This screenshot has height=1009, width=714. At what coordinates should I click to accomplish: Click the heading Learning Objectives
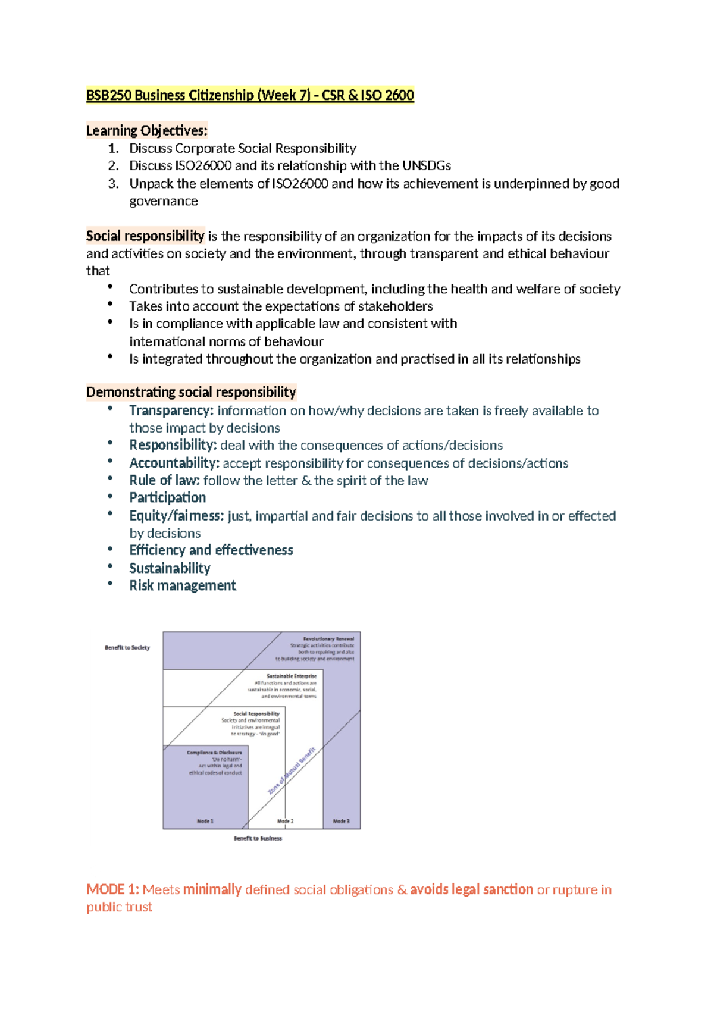[146, 130]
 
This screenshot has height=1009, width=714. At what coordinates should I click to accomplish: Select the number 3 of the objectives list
[113, 183]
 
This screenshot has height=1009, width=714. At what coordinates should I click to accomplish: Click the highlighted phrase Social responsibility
[145, 236]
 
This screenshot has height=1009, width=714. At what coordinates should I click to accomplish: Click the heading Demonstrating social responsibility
[191, 392]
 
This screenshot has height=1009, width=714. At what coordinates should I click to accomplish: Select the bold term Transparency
[171, 411]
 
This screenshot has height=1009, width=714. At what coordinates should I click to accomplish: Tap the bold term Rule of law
[164, 480]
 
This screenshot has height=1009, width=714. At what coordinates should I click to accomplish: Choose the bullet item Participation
[168, 497]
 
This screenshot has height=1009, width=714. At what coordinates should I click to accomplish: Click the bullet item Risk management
[183, 585]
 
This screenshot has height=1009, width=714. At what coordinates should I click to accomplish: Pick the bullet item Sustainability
[170, 568]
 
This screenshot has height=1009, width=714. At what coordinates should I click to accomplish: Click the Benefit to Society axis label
[127, 647]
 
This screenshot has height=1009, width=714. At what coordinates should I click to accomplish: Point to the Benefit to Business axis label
[258, 838]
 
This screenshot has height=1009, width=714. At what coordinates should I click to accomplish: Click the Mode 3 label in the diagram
[341, 821]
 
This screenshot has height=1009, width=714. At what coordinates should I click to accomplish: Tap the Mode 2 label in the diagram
[285, 821]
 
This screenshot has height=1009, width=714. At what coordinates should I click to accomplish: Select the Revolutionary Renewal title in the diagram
[328, 638]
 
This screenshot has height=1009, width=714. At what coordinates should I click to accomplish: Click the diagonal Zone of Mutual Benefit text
[292, 771]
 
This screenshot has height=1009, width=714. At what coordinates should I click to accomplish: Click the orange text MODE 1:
[112, 889]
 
